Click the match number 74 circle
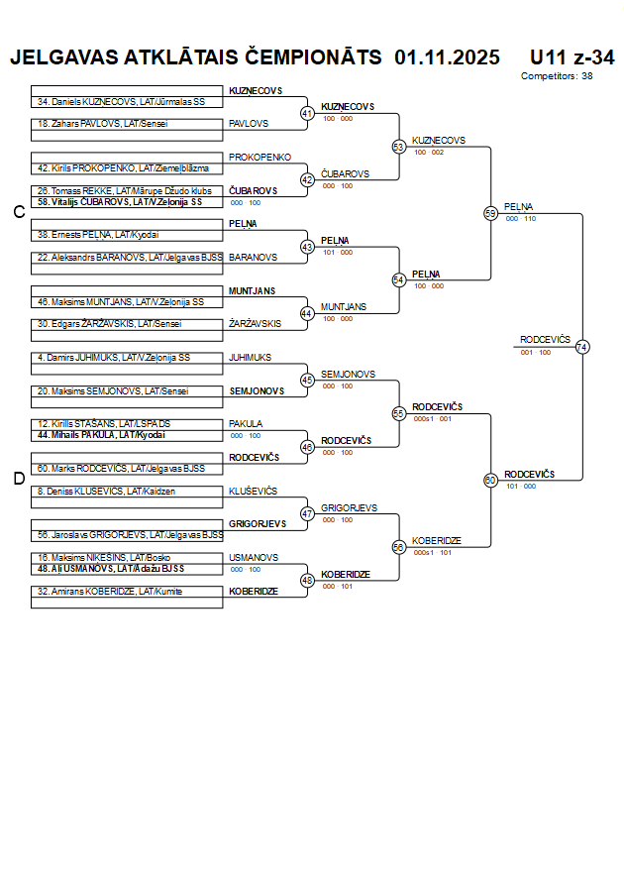[582, 347]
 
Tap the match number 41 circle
[307, 114]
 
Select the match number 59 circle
[490, 213]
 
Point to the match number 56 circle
[399, 547]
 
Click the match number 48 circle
[307, 580]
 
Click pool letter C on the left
[18, 212]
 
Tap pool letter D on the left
[18, 479]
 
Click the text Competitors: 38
[557, 76]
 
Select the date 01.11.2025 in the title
[447, 57]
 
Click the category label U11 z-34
[572, 57]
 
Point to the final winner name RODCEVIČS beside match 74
[546, 340]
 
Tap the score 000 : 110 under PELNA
[521, 219]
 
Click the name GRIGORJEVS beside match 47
[349, 508]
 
